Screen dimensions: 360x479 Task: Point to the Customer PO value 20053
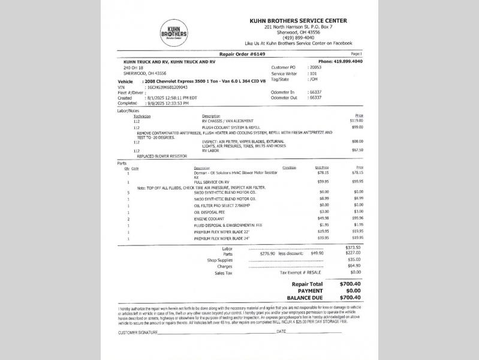(x=315, y=67)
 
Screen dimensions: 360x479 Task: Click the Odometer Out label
(x=284, y=97)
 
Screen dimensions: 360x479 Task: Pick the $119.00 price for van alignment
(x=357, y=121)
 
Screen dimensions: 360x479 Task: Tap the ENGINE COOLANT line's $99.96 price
(x=357, y=218)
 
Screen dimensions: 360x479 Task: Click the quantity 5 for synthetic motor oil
(x=128, y=192)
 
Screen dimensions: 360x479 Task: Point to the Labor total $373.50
(x=353, y=248)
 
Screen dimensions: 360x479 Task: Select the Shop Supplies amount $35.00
(x=354, y=260)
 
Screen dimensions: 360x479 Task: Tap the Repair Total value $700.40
(x=350, y=284)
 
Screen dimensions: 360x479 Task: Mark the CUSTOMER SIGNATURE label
(x=138, y=332)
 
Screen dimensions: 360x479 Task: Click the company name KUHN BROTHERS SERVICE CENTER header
(x=298, y=21)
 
